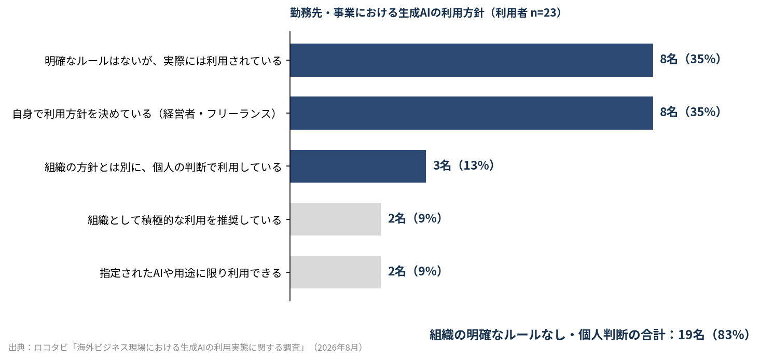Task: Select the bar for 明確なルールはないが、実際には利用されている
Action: click(x=472, y=60)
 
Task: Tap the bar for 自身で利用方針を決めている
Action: click(x=472, y=113)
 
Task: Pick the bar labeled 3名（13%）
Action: click(x=358, y=166)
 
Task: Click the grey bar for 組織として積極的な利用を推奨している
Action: click(x=336, y=219)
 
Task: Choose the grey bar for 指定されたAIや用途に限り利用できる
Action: click(x=336, y=272)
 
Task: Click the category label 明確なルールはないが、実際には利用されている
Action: click(x=163, y=61)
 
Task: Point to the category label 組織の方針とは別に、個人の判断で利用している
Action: click(x=163, y=167)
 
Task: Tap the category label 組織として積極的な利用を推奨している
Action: click(x=185, y=220)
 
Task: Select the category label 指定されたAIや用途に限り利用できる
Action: click(x=191, y=273)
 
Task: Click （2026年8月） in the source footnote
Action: click(x=338, y=348)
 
